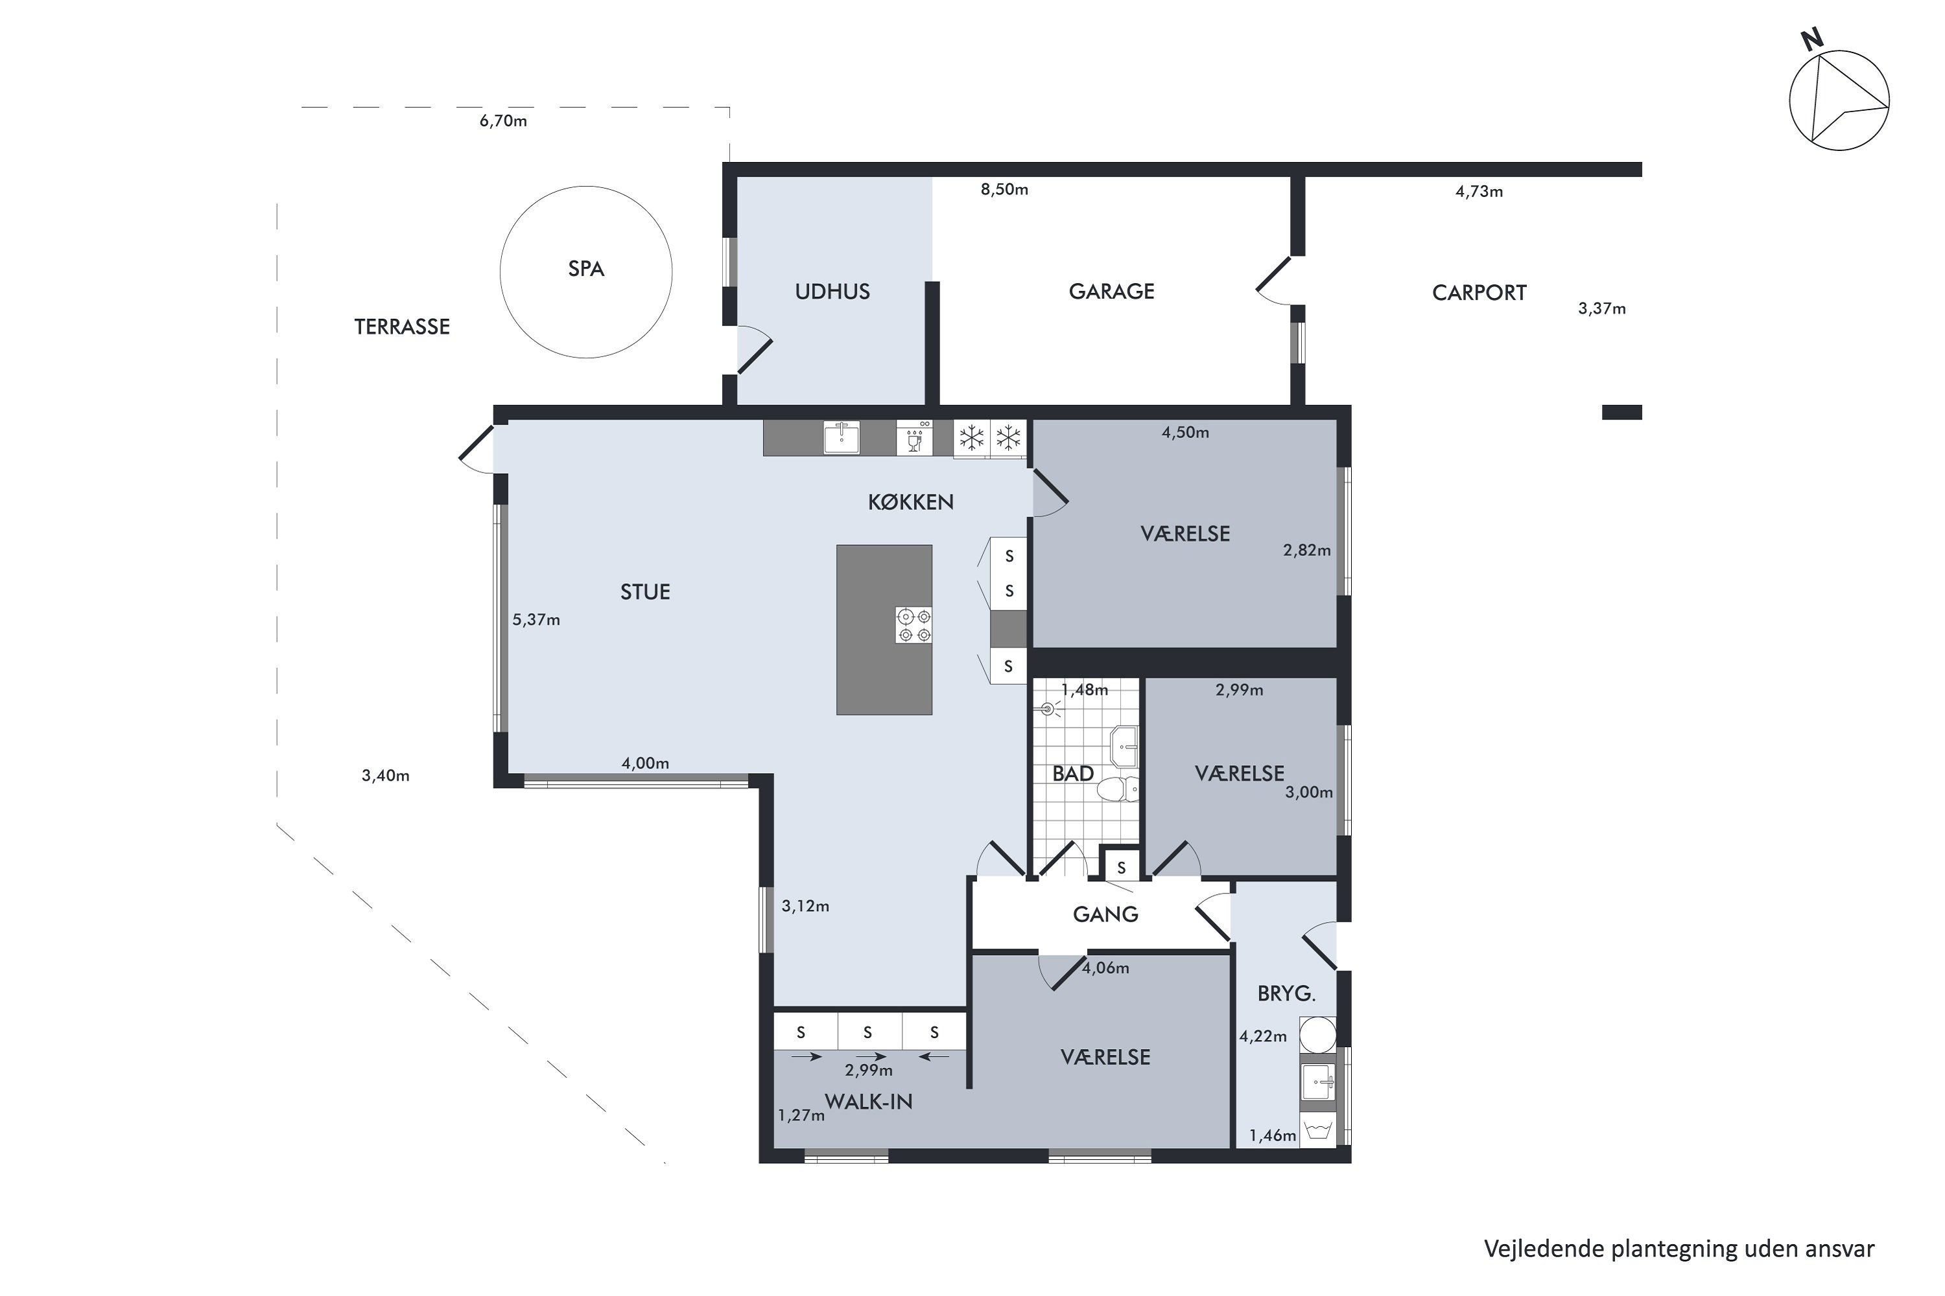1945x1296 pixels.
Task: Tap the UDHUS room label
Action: click(x=832, y=292)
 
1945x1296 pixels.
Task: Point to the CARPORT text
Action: click(x=1479, y=294)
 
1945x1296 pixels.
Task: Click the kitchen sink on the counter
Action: click(x=841, y=437)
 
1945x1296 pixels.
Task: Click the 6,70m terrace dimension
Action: click(x=503, y=121)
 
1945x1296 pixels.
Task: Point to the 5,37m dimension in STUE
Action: click(x=536, y=620)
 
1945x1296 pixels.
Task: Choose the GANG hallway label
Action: click(x=1105, y=914)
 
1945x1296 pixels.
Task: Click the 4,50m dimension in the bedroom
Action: click(x=1185, y=432)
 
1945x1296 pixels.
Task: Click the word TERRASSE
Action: click(x=402, y=327)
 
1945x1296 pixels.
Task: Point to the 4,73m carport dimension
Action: click(x=1479, y=192)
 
